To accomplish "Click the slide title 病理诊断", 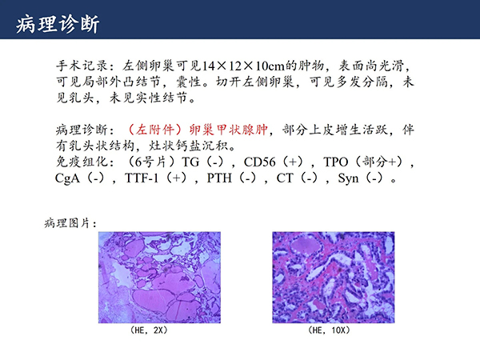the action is (x=58, y=24).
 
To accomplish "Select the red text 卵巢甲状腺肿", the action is (x=228, y=130).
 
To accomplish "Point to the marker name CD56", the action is (x=259, y=162).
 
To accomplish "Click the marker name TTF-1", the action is (x=142, y=178).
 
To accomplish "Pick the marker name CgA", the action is (x=67, y=178).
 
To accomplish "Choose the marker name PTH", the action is (x=219, y=178).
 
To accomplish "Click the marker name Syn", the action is (x=348, y=178).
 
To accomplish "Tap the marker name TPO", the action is (x=336, y=162).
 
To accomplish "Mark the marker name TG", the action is (x=190, y=162).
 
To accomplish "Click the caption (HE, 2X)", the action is (x=149, y=330).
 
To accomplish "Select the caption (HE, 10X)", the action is (x=329, y=330).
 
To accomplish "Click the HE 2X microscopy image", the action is (x=159, y=278).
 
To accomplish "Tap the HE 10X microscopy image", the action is (x=334, y=278).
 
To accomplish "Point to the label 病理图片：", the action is (x=70, y=223).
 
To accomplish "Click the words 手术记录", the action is (x=82, y=66).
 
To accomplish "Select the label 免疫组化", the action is (x=82, y=162).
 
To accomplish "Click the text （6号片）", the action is (x=151, y=162).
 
